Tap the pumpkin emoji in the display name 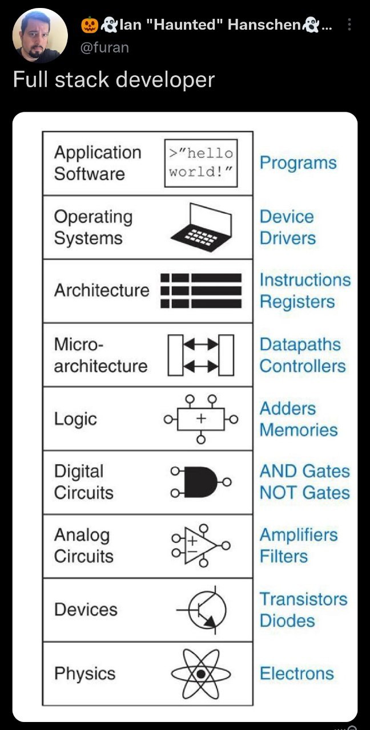pos(90,24)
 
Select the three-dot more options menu pos(350,25)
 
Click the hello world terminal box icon pos(201,163)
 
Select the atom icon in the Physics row pos(201,674)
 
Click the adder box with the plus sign pos(200,419)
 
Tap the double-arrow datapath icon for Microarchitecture pos(201,355)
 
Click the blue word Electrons pos(296,673)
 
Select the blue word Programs pos(298,163)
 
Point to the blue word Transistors pos(303,599)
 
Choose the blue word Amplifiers pos(299,535)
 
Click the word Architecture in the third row pos(102,290)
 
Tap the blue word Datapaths pos(300,344)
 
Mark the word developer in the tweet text pos(165,79)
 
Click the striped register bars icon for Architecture pos(201,291)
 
